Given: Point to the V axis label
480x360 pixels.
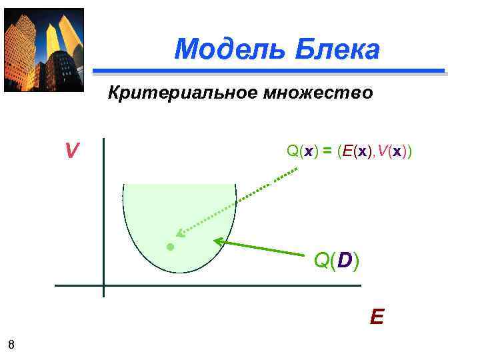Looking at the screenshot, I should [71, 152].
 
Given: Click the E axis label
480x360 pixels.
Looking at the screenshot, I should [377, 316].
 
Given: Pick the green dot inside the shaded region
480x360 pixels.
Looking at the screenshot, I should [170, 247].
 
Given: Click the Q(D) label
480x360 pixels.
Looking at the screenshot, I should [336, 261].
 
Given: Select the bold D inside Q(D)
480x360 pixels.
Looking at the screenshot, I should [344, 261].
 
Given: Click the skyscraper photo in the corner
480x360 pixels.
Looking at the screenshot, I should [44, 50].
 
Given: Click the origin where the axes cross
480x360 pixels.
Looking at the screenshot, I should [104, 285].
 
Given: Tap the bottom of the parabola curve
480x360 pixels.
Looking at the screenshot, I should [180, 272].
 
